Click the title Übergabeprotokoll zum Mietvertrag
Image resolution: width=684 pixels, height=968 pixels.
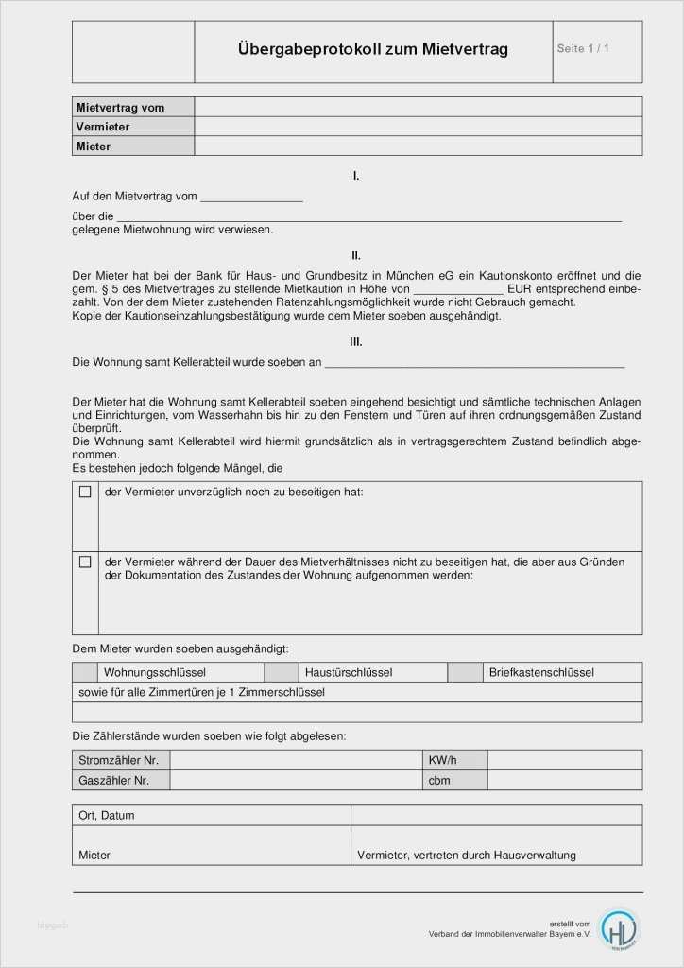373,49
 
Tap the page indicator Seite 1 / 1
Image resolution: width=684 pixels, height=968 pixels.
583,48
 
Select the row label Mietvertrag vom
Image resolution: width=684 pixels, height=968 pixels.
120,108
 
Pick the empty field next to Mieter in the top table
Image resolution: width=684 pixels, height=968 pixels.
418,147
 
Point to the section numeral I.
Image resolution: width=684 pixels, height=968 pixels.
356,176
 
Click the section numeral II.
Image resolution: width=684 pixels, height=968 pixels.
356,255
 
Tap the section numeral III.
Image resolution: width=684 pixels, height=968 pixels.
356,342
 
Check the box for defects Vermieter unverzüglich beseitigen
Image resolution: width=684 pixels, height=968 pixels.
85,493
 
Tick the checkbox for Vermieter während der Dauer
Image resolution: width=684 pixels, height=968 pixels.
85,562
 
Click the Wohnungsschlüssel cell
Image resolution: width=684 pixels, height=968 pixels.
155,672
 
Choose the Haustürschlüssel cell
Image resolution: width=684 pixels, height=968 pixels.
349,672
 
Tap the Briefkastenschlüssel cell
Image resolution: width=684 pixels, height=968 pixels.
541,672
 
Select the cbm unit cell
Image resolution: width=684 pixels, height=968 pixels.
439,781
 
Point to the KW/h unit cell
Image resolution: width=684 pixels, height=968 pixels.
442,760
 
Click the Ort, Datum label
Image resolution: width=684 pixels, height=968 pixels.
107,815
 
